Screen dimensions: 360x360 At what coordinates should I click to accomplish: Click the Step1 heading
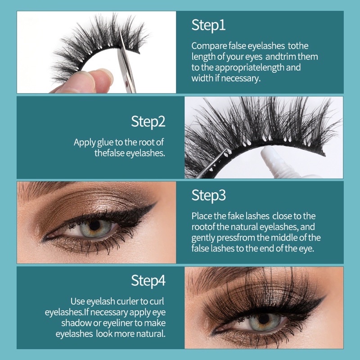pyautogui.click(x=208, y=25)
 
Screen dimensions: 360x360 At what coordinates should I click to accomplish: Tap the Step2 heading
pyautogui.click(x=148, y=121)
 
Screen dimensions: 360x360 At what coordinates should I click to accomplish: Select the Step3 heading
pyautogui.click(x=208, y=196)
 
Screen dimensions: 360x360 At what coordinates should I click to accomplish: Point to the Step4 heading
pyautogui.click(x=148, y=281)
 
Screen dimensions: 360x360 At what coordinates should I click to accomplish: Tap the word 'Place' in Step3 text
pyautogui.click(x=201, y=216)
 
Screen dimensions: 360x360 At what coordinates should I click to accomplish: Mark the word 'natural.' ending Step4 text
pyautogui.click(x=151, y=334)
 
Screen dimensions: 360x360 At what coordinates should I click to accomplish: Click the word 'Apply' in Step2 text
pyautogui.click(x=84, y=142)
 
